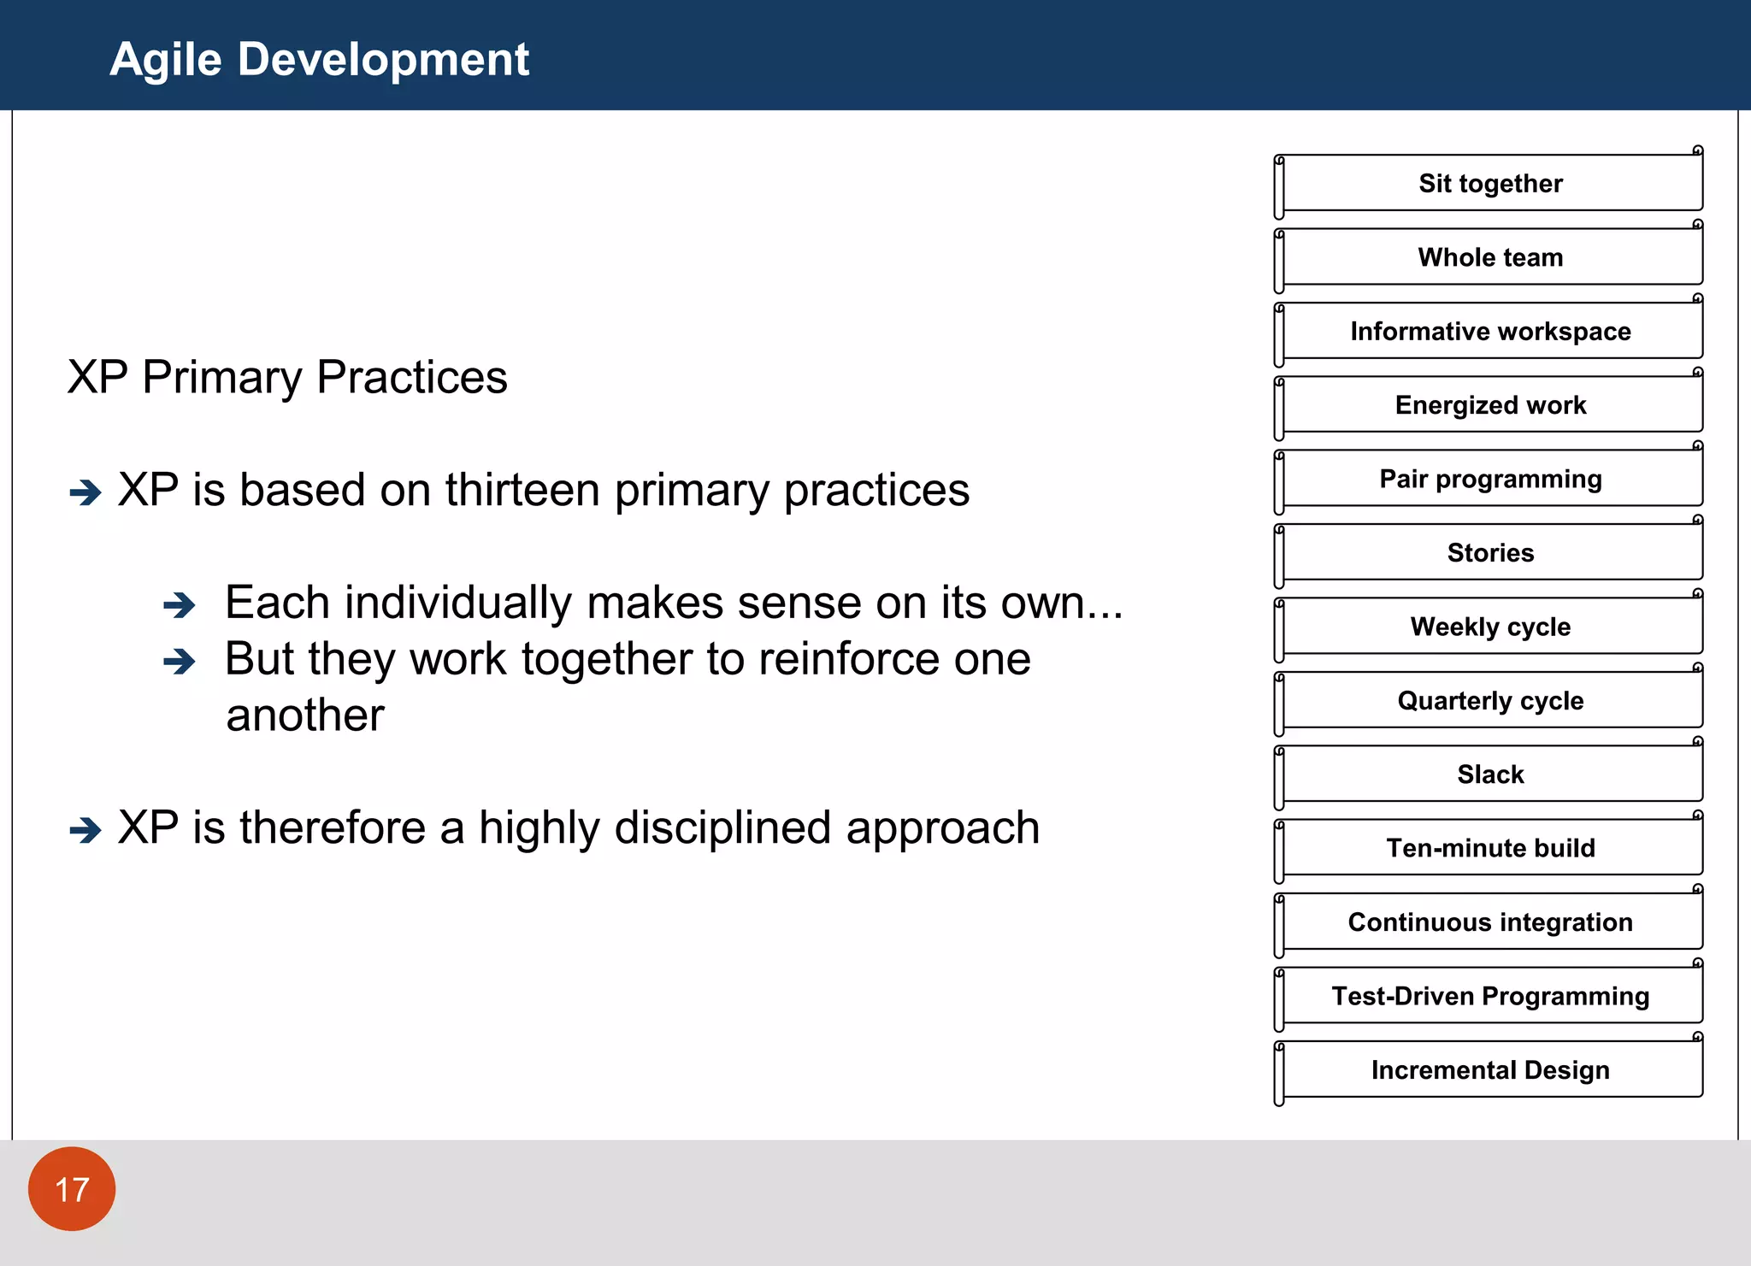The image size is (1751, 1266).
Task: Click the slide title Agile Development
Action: tap(319, 60)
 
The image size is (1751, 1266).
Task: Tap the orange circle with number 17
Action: tap(72, 1188)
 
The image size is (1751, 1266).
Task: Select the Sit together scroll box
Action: tap(1490, 183)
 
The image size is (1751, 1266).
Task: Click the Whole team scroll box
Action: tap(1490, 257)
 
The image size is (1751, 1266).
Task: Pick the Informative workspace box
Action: tap(1490, 331)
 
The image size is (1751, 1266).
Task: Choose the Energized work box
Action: tap(1490, 404)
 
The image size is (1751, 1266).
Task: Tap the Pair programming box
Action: tap(1490, 479)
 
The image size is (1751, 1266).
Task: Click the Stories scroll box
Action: tap(1490, 552)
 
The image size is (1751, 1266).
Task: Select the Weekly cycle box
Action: tap(1490, 627)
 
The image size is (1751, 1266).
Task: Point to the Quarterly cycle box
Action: tap(1490, 700)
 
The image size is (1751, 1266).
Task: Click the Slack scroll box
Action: tap(1490, 774)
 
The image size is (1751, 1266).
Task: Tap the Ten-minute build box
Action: tap(1490, 848)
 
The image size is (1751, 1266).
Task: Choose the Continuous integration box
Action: tap(1490, 922)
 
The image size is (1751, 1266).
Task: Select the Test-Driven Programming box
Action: tap(1490, 996)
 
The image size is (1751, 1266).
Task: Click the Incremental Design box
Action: tap(1490, 1069)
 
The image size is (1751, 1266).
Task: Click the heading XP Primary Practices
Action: tap(287, 377)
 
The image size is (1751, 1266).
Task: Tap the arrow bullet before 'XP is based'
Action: tap(85, 492)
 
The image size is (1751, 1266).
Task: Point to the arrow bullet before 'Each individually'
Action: tap(180, 605)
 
